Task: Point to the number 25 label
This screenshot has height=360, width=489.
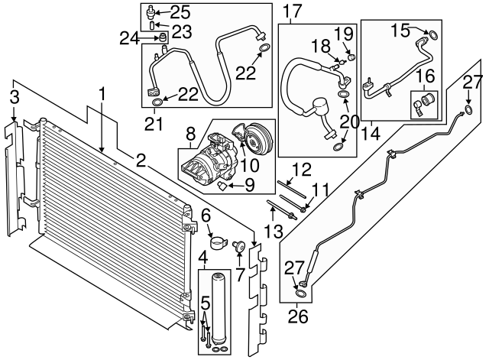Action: [180, 11]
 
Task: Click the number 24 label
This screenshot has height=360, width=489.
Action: [130, 37]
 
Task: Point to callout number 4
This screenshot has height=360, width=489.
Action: [203, 255]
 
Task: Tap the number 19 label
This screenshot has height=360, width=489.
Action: [344, 33]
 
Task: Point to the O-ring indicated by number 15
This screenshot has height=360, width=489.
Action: [433, 33]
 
